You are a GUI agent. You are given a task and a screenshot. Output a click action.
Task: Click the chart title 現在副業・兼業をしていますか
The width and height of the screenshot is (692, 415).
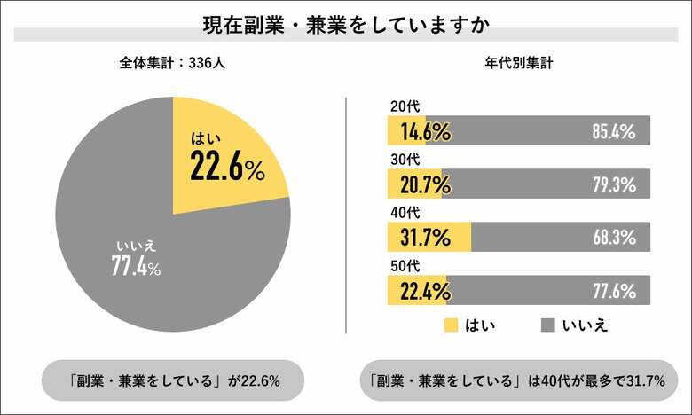click(346, 21)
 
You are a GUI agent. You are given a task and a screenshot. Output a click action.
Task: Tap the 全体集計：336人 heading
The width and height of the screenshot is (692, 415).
click(172, 64)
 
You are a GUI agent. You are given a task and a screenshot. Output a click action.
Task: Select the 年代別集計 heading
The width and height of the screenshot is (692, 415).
click(520, 64)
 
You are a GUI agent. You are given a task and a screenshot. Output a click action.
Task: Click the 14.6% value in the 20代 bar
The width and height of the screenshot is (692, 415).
click(424, 132)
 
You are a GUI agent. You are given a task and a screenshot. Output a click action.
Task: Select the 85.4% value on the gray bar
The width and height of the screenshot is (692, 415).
click(613, 132)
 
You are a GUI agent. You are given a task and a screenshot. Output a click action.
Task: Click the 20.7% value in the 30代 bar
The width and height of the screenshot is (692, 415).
click(424, 184)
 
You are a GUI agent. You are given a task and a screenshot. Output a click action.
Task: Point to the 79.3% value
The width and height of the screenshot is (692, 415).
click(613, 184)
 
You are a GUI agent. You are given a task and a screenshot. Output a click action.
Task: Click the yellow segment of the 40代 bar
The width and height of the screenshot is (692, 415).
click(429, 238)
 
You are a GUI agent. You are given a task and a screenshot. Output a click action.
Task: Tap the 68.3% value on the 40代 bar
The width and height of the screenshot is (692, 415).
click(613, 238)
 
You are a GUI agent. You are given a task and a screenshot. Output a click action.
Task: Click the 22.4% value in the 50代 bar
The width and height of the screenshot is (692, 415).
click(424, 290)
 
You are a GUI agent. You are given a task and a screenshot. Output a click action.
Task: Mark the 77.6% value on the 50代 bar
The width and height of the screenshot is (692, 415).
click(613, 290)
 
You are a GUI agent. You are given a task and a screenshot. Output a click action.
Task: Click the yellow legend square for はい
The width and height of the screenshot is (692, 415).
click(451, 325)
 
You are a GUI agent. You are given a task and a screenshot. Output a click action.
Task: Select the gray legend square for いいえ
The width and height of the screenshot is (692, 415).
click(548, 325)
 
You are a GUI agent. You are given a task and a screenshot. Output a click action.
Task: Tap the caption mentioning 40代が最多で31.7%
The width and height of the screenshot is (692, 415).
click(518, 381)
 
